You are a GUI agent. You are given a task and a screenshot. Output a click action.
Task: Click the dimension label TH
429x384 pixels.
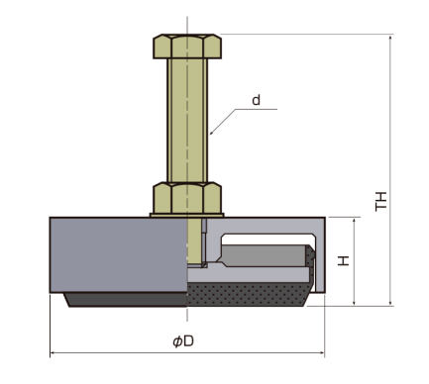tap(381, 201)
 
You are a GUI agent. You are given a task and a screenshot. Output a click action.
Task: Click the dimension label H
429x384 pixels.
tap(344, 260)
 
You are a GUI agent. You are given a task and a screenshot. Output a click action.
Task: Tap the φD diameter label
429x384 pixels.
tap(183, 341)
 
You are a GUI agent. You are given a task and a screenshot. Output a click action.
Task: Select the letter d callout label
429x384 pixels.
tap(256, 100)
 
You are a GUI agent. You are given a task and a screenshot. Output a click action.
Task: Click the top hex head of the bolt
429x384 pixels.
tap(187, 47)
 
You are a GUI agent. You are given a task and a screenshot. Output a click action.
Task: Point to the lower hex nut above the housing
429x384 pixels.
tap(187, 198)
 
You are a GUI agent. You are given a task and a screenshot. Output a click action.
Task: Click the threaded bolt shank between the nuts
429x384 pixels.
tap(187, 120)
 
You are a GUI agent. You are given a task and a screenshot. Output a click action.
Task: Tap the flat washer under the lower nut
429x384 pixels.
tap(187, 216)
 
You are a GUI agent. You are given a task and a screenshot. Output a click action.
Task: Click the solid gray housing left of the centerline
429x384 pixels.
tap(119, 254)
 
